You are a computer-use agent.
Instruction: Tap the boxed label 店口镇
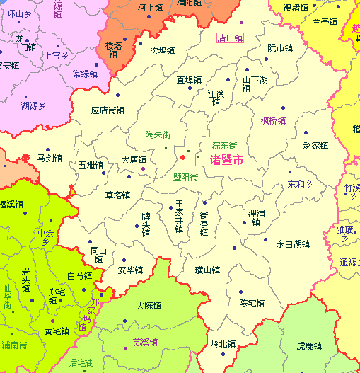[229, 38]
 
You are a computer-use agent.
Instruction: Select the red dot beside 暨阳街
[182, 156]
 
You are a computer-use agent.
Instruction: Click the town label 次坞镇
[162, 51]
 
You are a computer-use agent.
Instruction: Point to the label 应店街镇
[108, 110]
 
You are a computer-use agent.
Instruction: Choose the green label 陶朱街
[158, 134]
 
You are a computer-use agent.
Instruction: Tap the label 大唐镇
[134, 160]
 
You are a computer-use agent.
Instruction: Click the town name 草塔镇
[117, 195]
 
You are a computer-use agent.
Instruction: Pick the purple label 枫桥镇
[273, 120]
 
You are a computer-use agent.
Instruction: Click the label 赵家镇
[315, 145]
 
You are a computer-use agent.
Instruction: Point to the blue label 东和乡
[300, 184]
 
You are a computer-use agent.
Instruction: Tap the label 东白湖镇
[293, 244]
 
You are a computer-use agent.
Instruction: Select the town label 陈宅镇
[252, 304]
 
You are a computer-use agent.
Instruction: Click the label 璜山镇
[207, 270]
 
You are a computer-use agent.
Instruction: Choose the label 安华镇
[130, 270]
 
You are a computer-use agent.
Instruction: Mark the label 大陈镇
[149, 306]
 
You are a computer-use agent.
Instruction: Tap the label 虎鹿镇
[310, 346]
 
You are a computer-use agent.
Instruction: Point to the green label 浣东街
[224, 145]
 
